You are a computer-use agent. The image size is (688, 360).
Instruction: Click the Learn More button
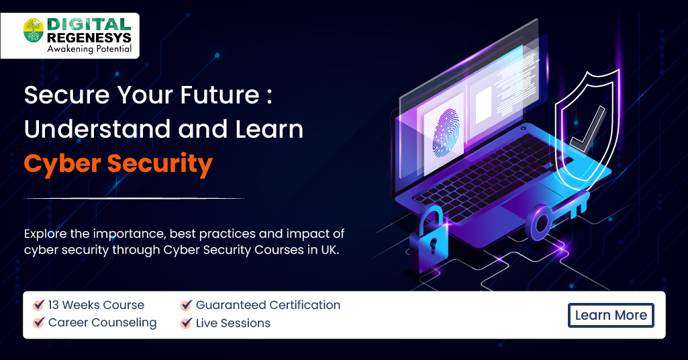coord(611,315)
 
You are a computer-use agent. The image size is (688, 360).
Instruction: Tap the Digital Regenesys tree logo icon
coord(34,31)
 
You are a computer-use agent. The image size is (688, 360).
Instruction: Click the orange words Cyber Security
coord(118,163)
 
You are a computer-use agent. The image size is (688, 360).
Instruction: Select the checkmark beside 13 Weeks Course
coord(39,306)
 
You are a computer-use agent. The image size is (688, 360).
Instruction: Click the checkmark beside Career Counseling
coord(39,323)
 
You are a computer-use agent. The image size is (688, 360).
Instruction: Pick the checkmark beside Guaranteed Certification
coord(187,306)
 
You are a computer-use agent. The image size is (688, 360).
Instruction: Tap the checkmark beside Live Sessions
coord(187,323)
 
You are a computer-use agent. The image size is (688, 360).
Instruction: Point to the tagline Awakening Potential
coord(89,48)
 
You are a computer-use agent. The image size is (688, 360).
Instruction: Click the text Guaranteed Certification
coord(268,305)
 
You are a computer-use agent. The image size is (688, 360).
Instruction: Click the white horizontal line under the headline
coord(134,198)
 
